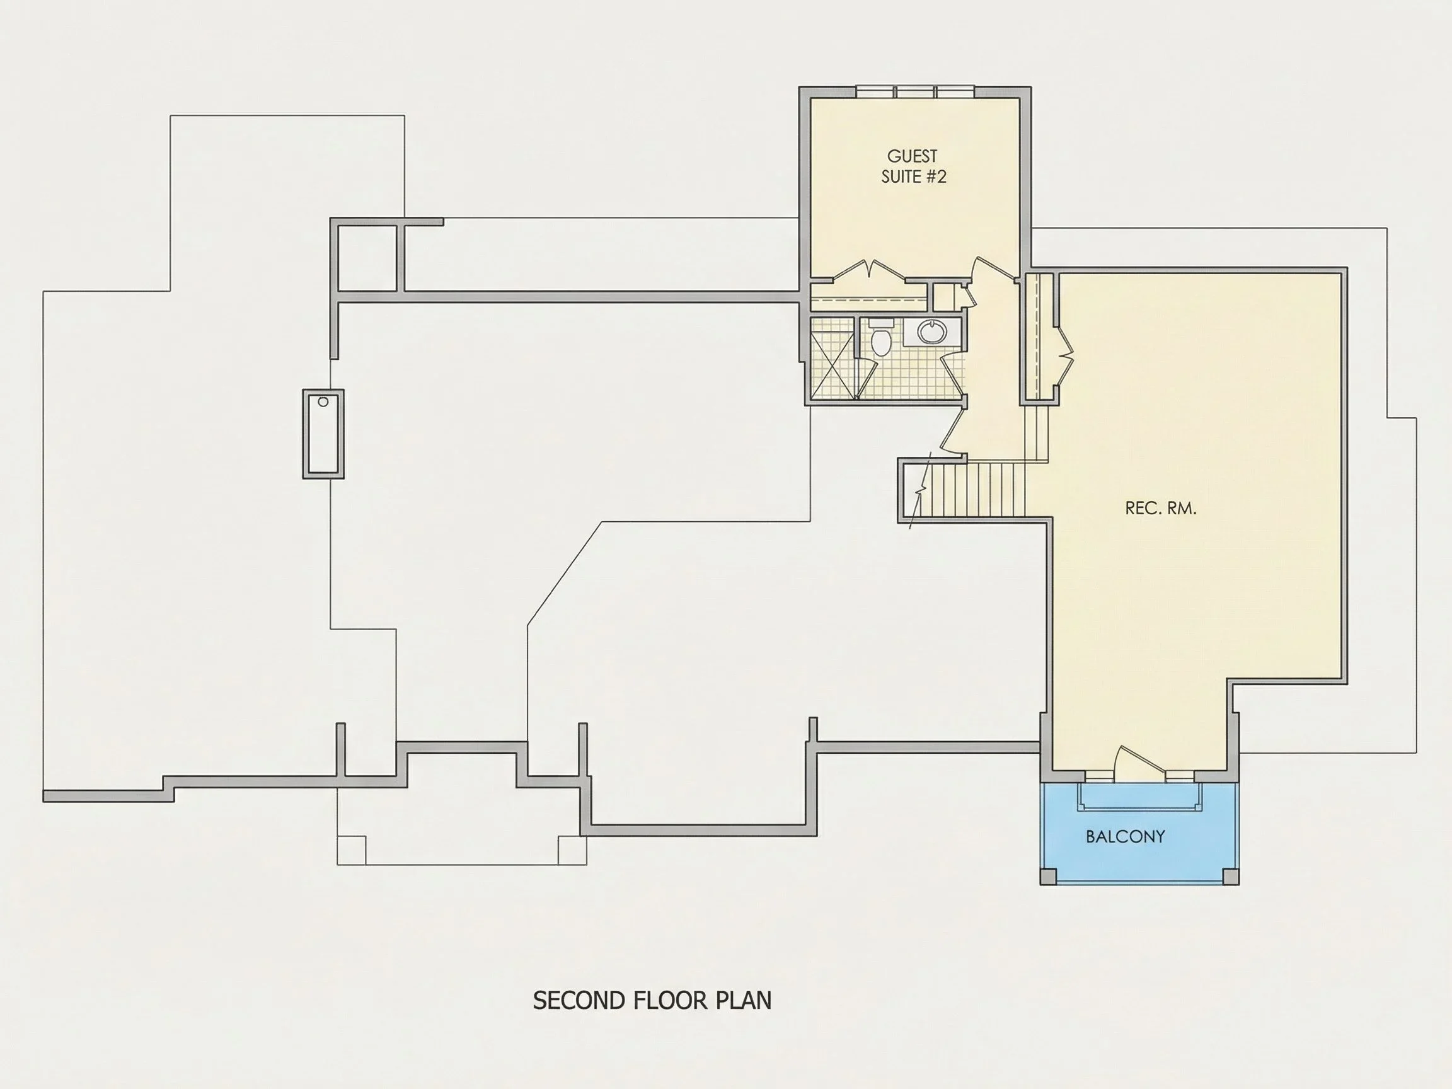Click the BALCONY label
pos(1125,836)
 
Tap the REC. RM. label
pos(1161,508)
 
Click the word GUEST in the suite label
pos(913,156)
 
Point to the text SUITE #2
pos(914,176)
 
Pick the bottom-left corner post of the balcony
pos(1049,877)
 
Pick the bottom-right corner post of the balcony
pos(1230,877)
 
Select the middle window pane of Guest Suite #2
pos(915,92)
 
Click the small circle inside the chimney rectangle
pos(323,401)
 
